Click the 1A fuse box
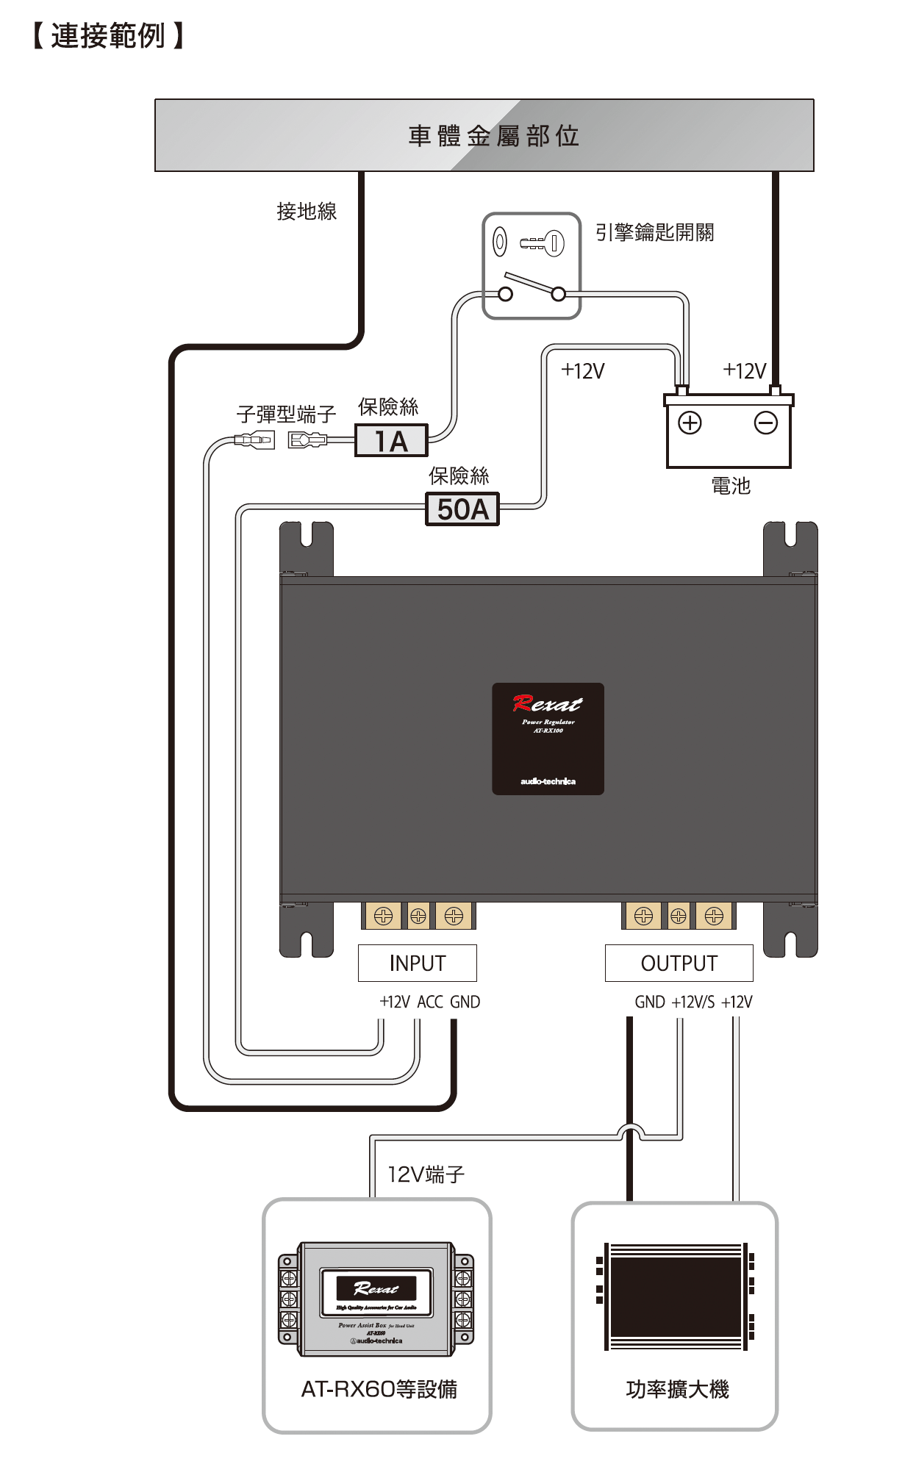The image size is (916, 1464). tap(391, 441)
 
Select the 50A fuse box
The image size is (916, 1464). tap(462, 509)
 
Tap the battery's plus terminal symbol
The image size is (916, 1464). tap(690, 423)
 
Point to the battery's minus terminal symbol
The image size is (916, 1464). tap(766, 423)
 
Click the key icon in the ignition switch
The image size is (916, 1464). tap(543, 243)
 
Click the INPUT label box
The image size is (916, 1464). tap(417, 963)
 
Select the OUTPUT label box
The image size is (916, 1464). tap(679, 963)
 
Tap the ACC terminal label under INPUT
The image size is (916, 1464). tap(430, 1002)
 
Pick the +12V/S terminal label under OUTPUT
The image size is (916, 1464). tap(693, 1002)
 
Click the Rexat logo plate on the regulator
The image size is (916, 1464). tap(548, 739)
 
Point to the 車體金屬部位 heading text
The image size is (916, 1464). tap(493, 136)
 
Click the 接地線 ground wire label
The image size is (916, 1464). tap(307, 212)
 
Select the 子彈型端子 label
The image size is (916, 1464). tap(286, 415)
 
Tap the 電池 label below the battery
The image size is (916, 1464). tap(731, 486)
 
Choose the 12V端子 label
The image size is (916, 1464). tap(426, 1174)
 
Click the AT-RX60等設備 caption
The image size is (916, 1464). tap(379, 1389)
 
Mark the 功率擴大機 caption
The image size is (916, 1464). tap(677, 1389)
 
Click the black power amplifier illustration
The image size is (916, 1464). tap(676, 1296)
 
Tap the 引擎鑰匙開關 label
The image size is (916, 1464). tap(654, 233)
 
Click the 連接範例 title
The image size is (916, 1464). tap(108, 35)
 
